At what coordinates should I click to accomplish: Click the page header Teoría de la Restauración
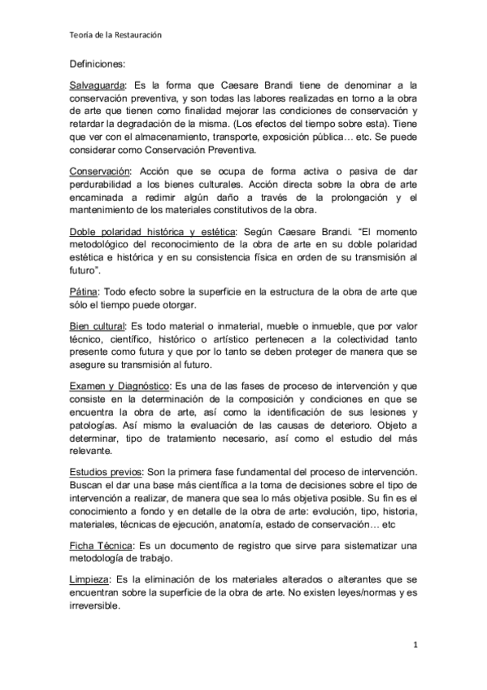(x=115, y=35)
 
